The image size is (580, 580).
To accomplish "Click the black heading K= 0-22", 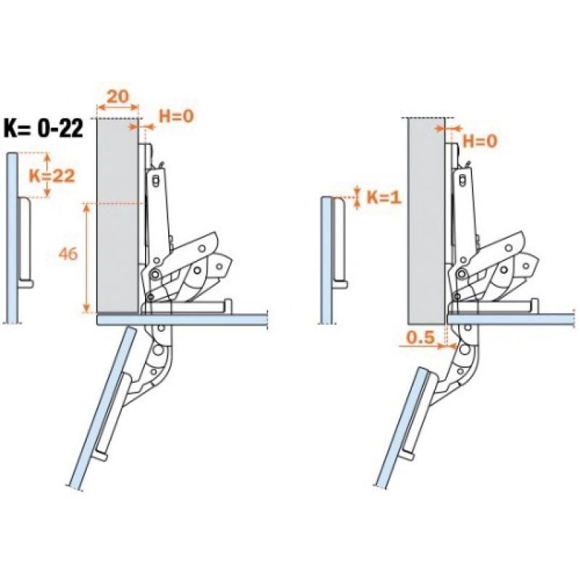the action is click(x=43, y=128).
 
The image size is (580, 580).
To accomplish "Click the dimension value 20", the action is click(x=118, y=97).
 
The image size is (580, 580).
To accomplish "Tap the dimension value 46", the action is click(x=68, y=254).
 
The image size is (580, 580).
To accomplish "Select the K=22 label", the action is click(x=51, y=175).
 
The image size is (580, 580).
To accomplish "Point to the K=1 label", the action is click(x=384, y=198).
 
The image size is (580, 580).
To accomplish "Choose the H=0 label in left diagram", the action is click(x=176, y=116).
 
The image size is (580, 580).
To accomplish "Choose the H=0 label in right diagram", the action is click(x=481, y=141).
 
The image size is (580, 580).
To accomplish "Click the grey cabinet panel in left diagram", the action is click(x=118, y=215).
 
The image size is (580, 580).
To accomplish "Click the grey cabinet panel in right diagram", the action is click(x=426, y=220).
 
